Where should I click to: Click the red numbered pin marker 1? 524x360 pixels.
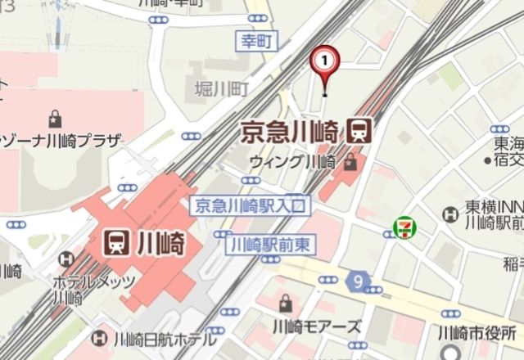click(325, 60)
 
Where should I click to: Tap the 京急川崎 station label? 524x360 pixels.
click(291, 130)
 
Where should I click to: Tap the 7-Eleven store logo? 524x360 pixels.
click(403, 227)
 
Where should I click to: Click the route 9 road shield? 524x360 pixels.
click(359, 281)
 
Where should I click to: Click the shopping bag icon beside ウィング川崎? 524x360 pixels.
click(350, 160)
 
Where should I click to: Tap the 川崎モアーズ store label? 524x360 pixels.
click(317, 326)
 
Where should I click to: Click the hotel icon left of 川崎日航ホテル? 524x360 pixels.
click(99, 336)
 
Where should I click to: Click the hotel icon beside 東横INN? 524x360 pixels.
click(449, 214)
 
